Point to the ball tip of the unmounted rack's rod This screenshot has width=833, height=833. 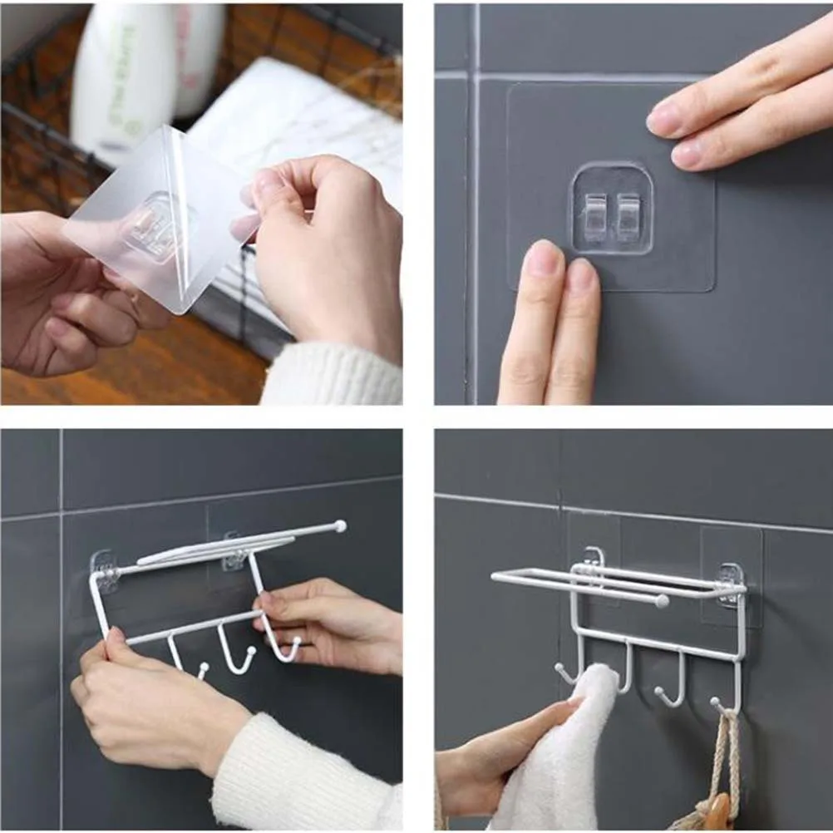pos(339,525)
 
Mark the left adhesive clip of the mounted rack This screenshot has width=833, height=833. pos(593,559)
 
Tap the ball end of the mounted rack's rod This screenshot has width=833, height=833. pos(662,600)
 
